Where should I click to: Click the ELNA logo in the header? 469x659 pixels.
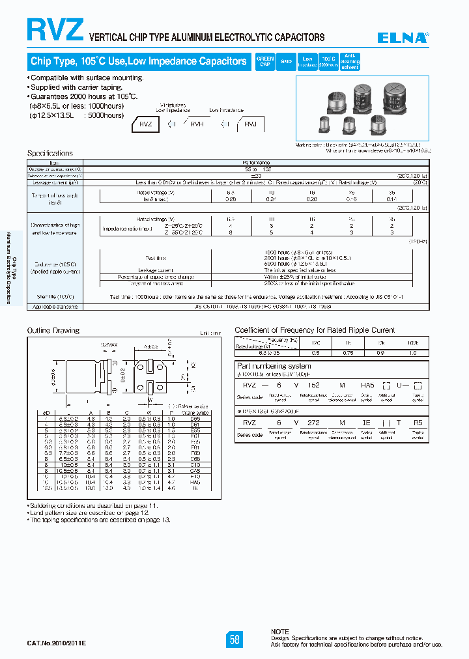pyautogui.click(x=405, y=38)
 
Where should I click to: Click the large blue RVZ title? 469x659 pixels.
pyautogui.click(x=55, y=30)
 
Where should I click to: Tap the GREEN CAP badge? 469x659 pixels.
pyautogui.click(x=265, y=61)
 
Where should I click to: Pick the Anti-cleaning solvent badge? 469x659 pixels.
pyautogui.click(x=350, y=61)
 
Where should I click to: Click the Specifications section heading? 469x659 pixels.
pyautogui.click(x=50, y=154)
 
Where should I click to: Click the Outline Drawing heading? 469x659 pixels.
pyautogui.click(x=53, y=331)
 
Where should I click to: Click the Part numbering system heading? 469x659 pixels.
pyautogui.click(x=275, y=367)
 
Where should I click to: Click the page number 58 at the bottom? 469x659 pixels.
pyautogui.click(x=234, y=639)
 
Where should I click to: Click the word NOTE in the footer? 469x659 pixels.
pyautogui.click(x=280, y=632)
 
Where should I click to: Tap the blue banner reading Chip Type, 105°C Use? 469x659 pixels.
pyautogui.click(x=138, y=61)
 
